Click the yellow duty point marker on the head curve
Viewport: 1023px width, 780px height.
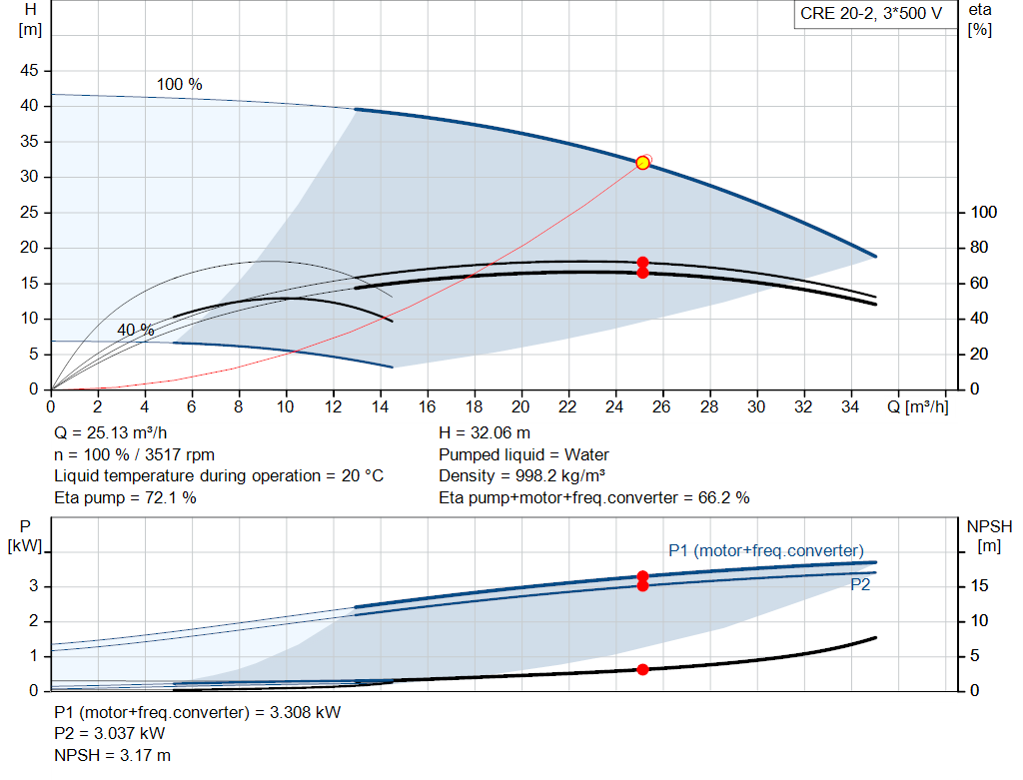pyautogui.click(x=642, y=163)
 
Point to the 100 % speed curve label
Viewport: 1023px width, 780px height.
pyautogui.click(x=180, y=85)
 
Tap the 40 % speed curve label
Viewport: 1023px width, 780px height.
pyautogui.click(x=136, y=330)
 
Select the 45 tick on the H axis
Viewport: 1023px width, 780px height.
pyautogui.click(x=29, y=71)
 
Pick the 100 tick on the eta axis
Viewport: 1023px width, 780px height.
pyautogui.click(x=984, y=213)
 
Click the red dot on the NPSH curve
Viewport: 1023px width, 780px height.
pyautogui.click(x=642, y=669)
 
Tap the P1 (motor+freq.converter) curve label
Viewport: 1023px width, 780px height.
pyautogui.click(x=765, y=550)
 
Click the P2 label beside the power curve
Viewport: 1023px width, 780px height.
pyautogui.click(x=860, y=585)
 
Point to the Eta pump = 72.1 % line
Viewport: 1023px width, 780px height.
pyautogui.click(x=125, y=497)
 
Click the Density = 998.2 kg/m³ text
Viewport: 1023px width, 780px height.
pyautogui.click(x=522, y=475)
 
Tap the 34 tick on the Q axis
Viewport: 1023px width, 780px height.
pyautogui.click(x=850, y=407)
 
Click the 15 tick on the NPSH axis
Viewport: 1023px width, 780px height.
pyautogui.click(x=982, y=586)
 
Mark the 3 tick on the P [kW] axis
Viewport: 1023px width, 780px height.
pyautogui.click(x=33, y=586)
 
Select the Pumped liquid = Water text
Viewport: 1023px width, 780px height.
pyautogui.click(x=524, y=454)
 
